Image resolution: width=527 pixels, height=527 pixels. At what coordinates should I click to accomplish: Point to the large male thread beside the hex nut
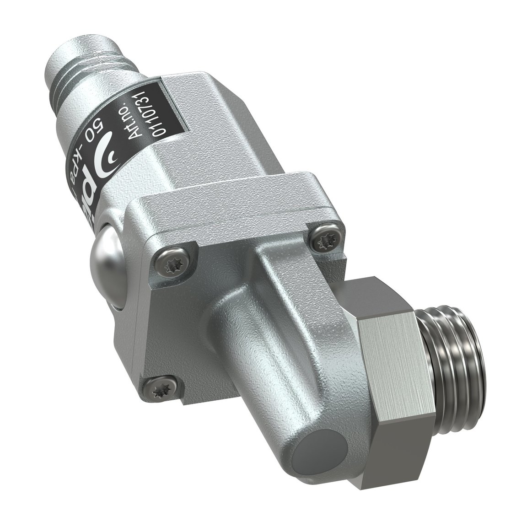[x=451, y=352]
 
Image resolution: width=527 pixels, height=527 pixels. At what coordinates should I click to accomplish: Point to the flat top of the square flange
[x=238, y=192]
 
